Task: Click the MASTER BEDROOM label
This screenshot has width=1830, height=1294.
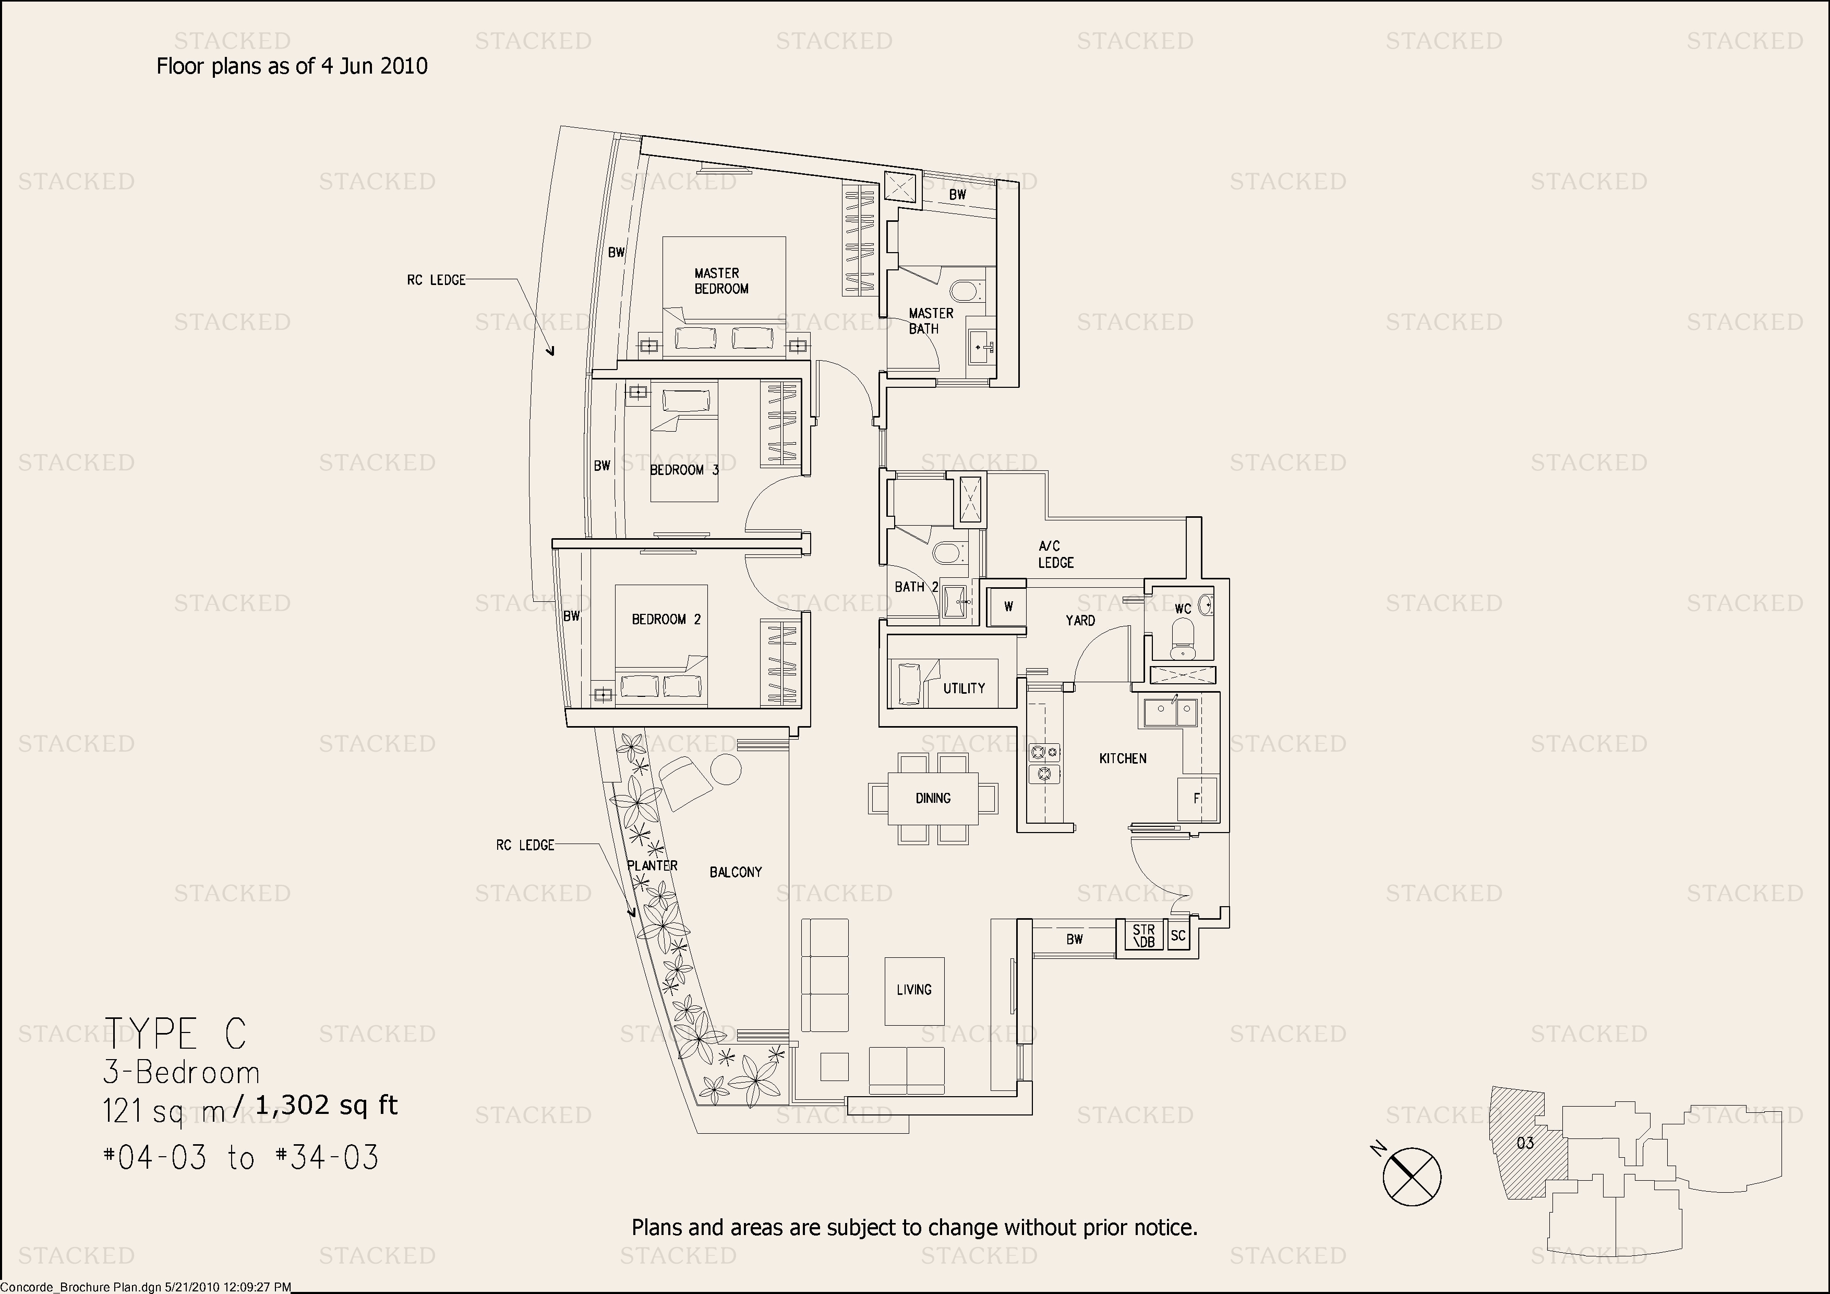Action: point(721,281)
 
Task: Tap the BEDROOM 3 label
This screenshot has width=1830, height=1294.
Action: point(684,470)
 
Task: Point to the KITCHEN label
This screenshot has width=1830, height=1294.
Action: point(1123,758)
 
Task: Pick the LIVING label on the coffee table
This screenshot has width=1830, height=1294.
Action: point(914,990)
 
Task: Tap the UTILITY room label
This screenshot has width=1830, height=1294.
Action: point(965,688)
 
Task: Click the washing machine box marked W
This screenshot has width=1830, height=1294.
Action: point(1008,607)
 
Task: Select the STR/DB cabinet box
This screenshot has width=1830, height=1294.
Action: point(1143,936)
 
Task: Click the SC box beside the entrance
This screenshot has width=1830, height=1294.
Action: point(1178,936)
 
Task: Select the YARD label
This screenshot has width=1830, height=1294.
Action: point(1081,620)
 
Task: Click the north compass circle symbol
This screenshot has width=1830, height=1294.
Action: point(1412,1176)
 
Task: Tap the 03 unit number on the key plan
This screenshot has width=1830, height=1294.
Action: point(1525,1143)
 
